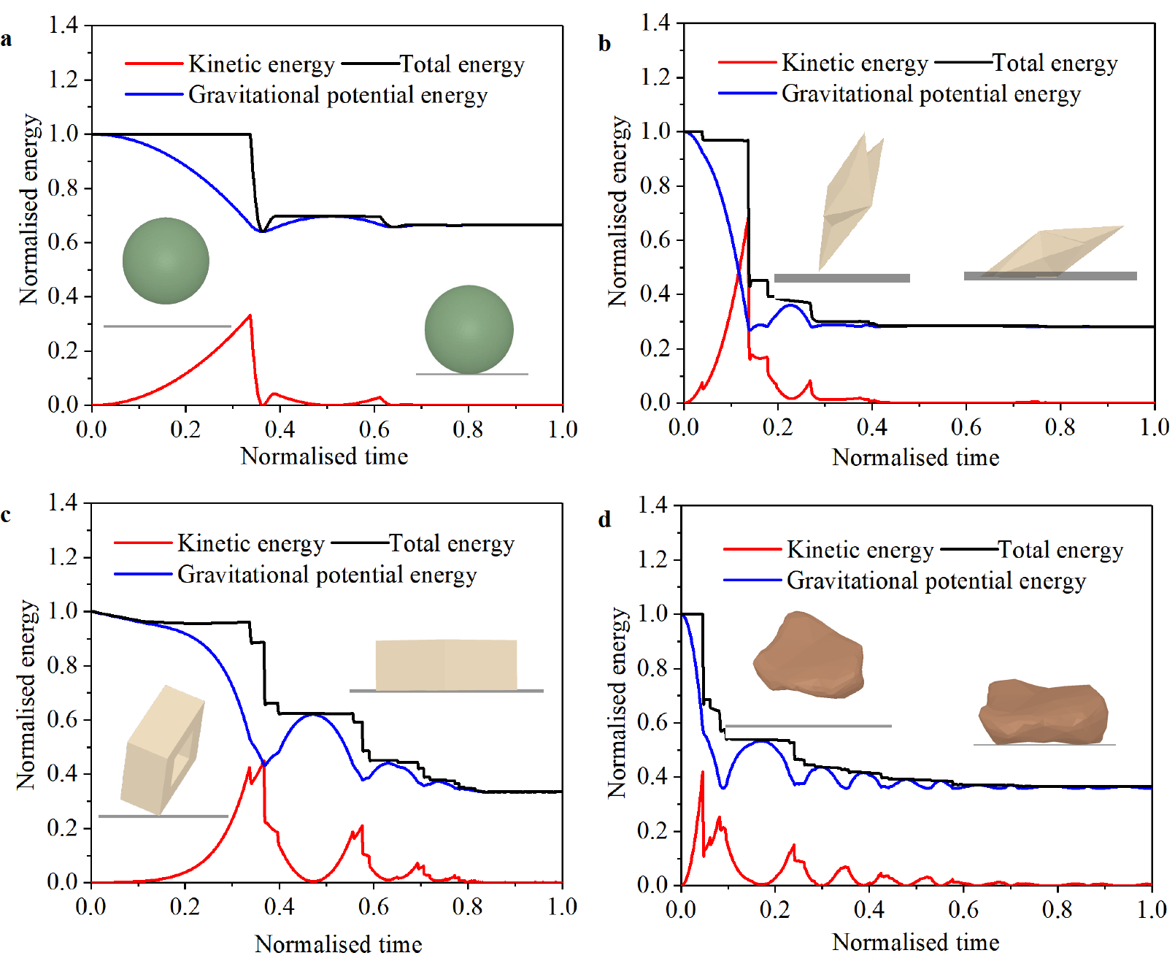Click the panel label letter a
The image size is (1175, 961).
pos(7,39)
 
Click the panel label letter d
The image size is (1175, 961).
pos(604,519)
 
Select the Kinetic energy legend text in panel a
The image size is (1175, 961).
pos(261,64)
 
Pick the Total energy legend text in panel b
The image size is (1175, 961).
pos(1055,64)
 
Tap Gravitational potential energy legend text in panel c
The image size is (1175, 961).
pos(327,575)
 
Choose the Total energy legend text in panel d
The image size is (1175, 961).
pos(1060,550)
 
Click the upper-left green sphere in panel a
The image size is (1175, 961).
pos(166,261)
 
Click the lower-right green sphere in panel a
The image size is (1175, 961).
pos(469,329)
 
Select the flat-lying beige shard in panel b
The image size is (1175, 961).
pos(1051,252)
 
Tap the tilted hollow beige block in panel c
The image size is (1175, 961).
pos(162,751)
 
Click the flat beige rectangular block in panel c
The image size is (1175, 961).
pos(446,665)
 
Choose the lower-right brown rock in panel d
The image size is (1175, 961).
pos(1043,712)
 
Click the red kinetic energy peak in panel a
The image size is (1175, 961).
pos(250,315)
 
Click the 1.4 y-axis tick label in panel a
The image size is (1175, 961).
pos(63,25)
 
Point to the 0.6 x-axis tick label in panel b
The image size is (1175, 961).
pos(966,427)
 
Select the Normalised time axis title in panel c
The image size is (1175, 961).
pos(338,943)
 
